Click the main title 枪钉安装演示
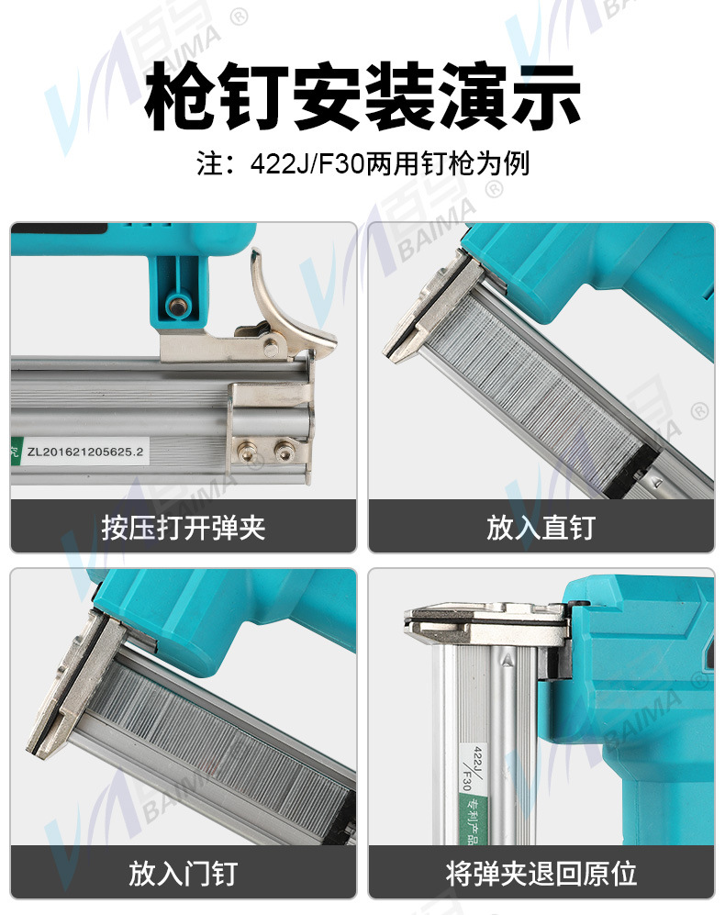point(362,96)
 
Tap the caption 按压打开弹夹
point(184,528)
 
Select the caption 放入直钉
point(541,528)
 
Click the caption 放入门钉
point(184,874)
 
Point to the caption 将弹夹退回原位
point(541,874)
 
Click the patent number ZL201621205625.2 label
point(84,452)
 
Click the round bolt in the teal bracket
point(175,304)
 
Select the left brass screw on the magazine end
point(247,451)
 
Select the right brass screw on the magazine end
point(284,451)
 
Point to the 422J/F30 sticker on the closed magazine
point(473,769)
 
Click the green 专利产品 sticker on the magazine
point(475,819)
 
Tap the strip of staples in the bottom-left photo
point(222,747)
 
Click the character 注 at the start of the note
point(209,163)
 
